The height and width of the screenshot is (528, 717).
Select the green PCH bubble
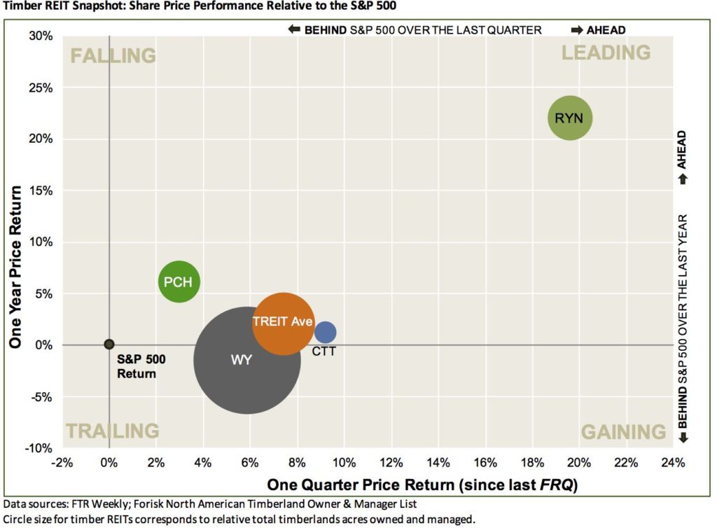click(179, 282)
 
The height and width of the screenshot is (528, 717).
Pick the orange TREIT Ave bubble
click(282, 322)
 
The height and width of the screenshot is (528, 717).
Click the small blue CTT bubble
click(325, 332)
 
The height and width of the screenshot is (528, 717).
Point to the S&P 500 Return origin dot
click(109, 344)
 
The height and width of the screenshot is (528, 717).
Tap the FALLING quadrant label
click(113, 55)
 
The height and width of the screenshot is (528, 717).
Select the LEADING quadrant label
click(606, 53)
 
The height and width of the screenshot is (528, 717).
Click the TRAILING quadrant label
click(112, 431)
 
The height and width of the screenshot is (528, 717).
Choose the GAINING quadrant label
click(623, 432)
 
